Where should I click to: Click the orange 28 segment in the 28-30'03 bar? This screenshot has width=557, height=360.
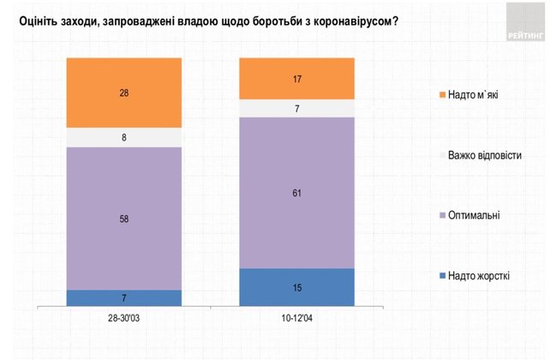click(x=124, y=93)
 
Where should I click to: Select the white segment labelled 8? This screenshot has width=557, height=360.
click(x=124, y=137)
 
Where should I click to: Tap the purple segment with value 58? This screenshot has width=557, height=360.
click(x=124, y=218)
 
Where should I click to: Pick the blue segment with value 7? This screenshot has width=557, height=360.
click(x=124, y=297)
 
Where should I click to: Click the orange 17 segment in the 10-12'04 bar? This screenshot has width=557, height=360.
click(x=296, y=78)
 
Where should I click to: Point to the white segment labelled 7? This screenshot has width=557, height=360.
click(x=296, y=108)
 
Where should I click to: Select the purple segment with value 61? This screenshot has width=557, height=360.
click(x=296, y=193)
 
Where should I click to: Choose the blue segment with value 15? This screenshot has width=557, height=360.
click(x=296, y=287)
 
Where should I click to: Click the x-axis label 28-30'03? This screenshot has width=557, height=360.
click(x=124, y=319)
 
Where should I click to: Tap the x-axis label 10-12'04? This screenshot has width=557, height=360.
click(x=296, y=319)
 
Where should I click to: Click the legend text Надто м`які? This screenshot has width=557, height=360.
click(x=473, y=95)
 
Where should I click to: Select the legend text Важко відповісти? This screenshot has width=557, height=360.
click(x=484, y=155)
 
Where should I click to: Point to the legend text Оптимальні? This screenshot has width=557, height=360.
click(x=473, y=215)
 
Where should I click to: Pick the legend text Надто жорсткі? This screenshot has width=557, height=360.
click(x=478, y=275)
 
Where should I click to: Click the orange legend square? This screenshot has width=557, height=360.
click(x=441, y=95)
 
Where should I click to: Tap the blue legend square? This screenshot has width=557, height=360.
click(x=441, y=275)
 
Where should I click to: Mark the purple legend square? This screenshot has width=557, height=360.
click(x=441, y=215)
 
